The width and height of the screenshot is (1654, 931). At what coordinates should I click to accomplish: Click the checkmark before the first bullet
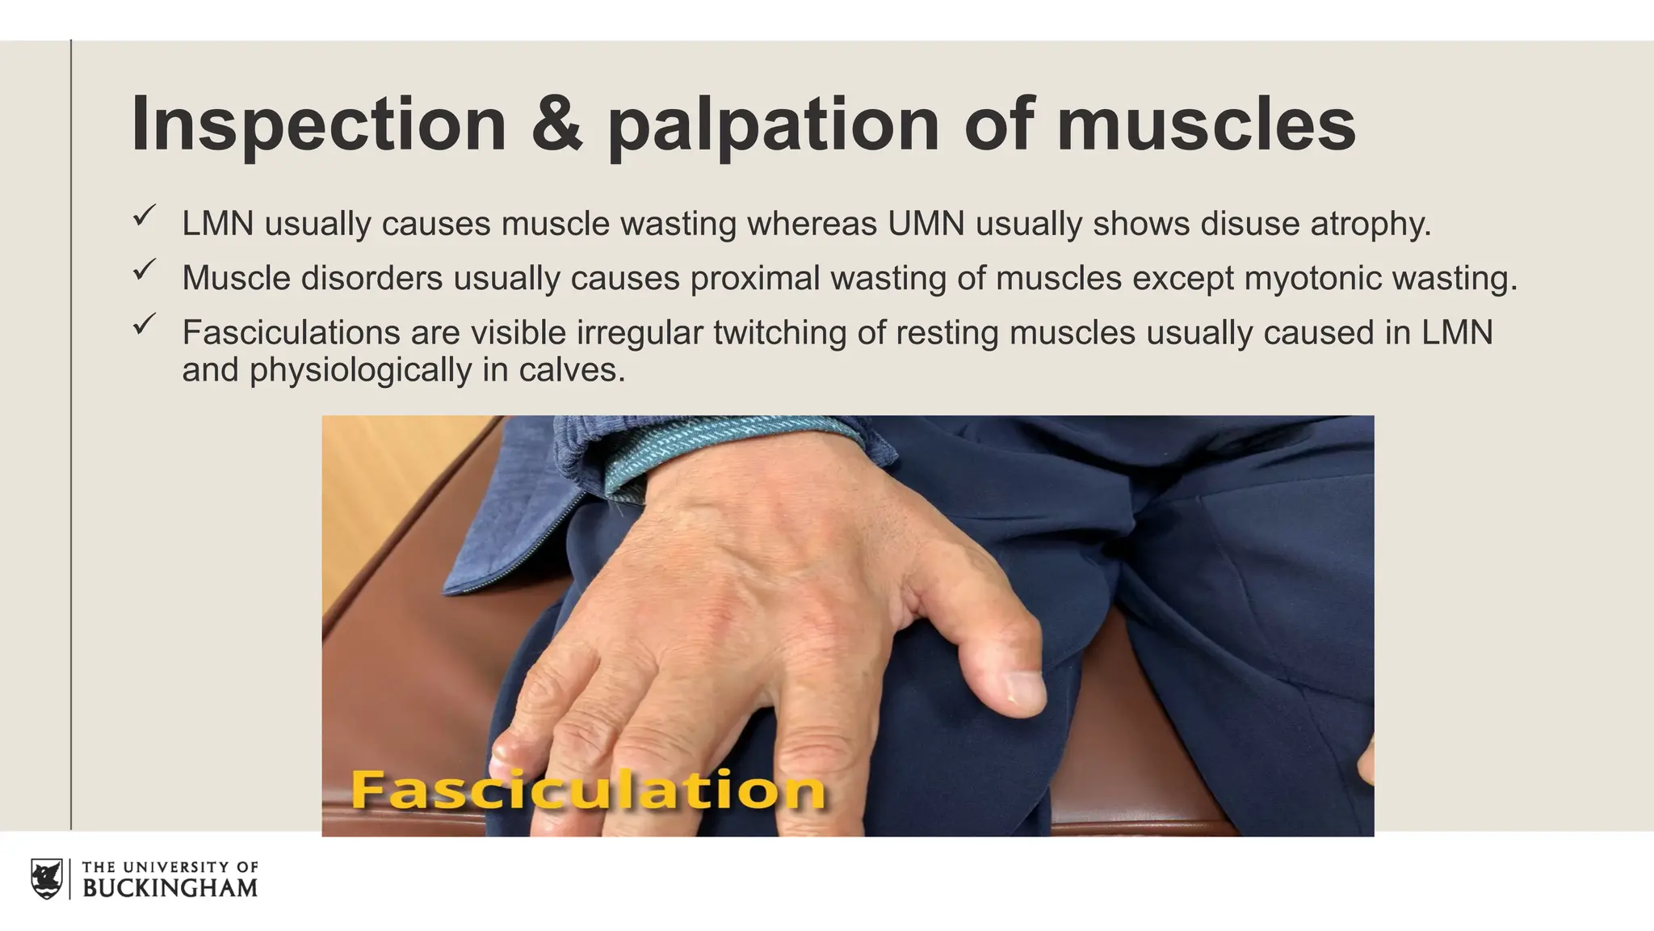pos(145,216)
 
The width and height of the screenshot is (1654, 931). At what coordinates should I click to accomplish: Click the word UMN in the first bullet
pos(926,224)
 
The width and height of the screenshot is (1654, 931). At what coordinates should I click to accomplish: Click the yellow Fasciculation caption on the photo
pos(588,790)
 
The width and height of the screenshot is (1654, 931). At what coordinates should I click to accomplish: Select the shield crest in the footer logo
pos(47,878)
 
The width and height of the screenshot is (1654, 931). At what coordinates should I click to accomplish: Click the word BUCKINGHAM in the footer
pos(170,888)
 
